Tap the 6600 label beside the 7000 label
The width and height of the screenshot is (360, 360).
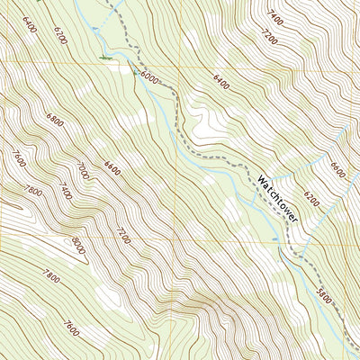pos(112,166)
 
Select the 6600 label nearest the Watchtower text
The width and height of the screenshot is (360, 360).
pos(337,169)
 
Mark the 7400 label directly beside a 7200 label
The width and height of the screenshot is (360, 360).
pos(275,14)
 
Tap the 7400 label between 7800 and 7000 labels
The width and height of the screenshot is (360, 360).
pos(66,190)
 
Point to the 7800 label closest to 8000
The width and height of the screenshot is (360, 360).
pos(33,191)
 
